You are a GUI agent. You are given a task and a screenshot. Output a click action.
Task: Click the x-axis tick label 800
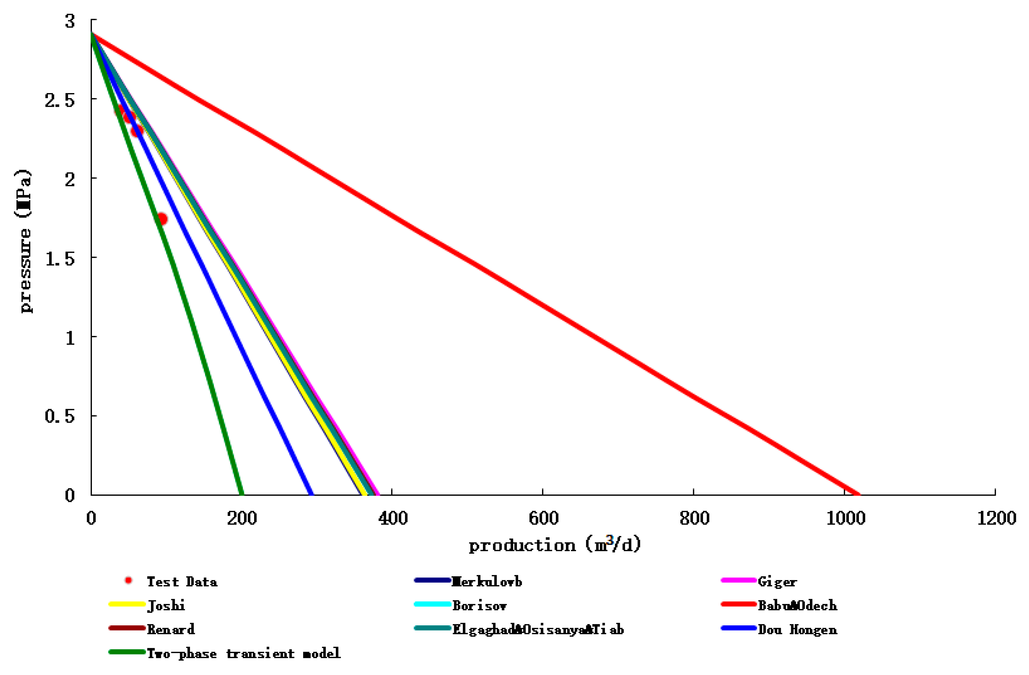(694, 518)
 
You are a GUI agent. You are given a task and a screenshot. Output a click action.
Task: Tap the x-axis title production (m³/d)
(554, 545)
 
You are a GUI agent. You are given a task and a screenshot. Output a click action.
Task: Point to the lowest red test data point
(162, 219)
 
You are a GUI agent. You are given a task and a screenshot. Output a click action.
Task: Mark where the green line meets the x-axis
(242, 494)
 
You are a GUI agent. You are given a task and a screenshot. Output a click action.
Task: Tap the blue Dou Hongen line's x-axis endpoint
(311, 494)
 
